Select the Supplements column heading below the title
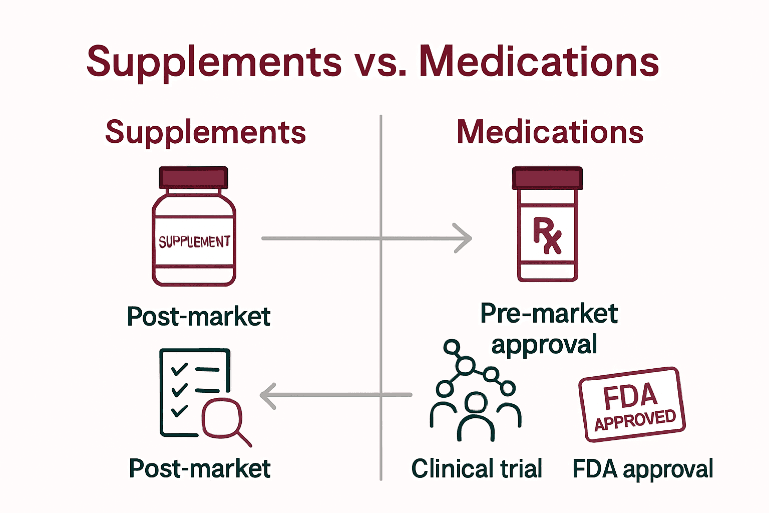click(205, 132)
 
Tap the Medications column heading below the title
click(550, 132)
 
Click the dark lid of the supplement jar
click(194, 178)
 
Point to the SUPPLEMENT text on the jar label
click(194, 242)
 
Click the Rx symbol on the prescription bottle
click(547, 235)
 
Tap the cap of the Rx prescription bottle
click(547, 178)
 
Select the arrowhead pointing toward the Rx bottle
click(463, 238)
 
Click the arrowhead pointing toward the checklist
click(268, 396)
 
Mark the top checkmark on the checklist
click(179, 370)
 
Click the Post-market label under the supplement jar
click(199, 317)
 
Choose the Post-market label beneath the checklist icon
click(200, 469)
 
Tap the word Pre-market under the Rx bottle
click(549, 314)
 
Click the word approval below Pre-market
click(544, 345)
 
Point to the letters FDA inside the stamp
click(630, 396)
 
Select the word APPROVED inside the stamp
click(635, 420)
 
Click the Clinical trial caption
click(477, 469)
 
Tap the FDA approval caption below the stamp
click(643, 469)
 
